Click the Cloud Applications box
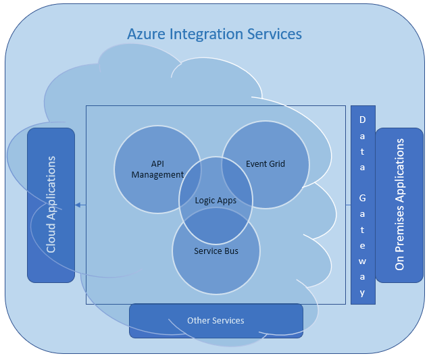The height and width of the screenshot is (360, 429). click(51, 205)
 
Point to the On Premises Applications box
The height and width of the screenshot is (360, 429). click(399, 205)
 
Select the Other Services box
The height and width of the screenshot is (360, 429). click(216, 320)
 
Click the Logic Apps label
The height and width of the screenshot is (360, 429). click(216, 201)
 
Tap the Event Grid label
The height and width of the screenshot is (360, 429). click(266, 163)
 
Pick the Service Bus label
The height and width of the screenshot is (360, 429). click(216, 251)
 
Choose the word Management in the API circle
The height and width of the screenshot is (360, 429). click(157, 175)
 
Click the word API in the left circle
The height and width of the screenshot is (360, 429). click(157, 164)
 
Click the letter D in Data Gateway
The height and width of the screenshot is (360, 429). click(363, 120)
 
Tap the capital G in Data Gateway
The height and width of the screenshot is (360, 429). click(363, 198)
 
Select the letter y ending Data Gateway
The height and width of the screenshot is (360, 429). click(363, 292)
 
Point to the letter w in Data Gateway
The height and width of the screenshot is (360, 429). click(363, 260)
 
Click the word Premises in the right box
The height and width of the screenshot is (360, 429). click(399, 214)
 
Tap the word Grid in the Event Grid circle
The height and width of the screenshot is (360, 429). click(277, 163)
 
